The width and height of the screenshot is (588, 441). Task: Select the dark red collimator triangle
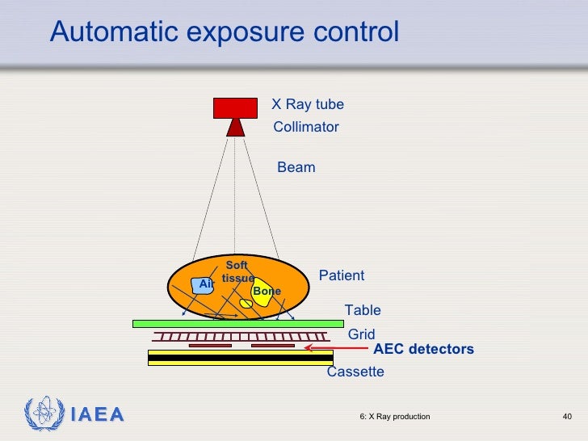tap(235, 127)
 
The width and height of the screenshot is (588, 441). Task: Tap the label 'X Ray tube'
tap(307, 104)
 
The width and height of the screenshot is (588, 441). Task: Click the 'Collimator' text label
tap(306, 127)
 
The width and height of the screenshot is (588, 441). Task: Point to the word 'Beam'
tap(296, 167)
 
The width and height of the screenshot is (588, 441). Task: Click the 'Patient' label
tap(342, 275)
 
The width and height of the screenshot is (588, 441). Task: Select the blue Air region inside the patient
tap(202, 285)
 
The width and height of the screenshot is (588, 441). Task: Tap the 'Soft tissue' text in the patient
tap(237, 271)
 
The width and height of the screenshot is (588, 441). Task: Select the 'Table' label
tap(363, 310)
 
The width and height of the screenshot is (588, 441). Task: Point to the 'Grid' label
tap(361, 334)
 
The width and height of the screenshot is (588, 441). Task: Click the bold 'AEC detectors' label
tap(423, 349)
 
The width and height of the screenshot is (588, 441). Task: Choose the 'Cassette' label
tap(355, 372)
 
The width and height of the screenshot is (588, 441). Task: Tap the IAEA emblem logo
tap(41, 414)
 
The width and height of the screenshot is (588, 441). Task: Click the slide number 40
tap(567, 416)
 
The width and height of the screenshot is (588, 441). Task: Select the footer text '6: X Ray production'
tap(394, 416)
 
